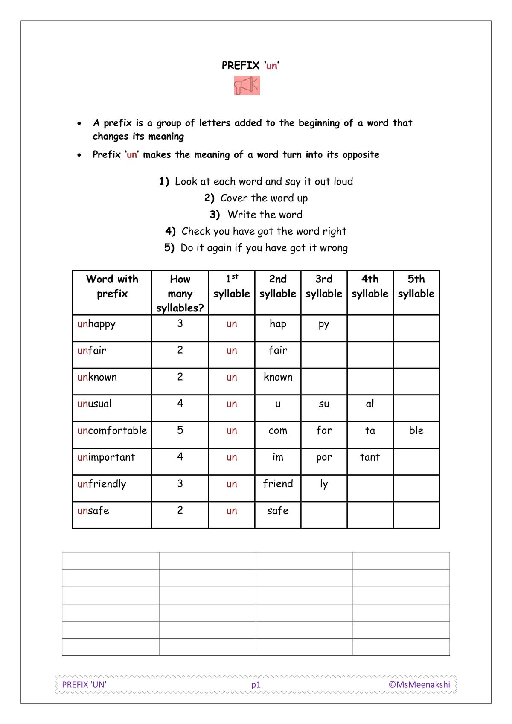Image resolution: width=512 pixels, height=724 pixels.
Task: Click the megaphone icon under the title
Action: pos(247,85)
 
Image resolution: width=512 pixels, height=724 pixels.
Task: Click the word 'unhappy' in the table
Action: pos(96,324)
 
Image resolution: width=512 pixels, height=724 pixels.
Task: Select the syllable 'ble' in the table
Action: pos(416,430)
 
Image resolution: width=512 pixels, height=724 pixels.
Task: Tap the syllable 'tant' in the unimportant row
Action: pos(369,457)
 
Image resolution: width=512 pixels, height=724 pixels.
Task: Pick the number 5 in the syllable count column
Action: pos(180,430)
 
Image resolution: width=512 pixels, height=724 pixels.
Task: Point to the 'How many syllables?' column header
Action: pos(180,294)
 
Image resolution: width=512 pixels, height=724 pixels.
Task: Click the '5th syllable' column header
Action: pos(416,286)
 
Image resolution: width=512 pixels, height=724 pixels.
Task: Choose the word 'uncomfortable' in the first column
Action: pos(112,430)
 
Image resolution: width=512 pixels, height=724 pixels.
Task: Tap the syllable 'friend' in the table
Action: pos(278,484)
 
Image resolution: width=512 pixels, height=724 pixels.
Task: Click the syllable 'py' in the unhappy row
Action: pos(324,325)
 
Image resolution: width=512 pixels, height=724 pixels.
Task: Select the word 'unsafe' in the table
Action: pos(93,511)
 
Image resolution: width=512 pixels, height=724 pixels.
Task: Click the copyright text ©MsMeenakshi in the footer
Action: pos(419,684)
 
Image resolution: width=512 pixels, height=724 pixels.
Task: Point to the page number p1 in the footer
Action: pos(256,685)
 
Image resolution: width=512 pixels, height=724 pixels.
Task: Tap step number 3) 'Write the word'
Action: pos(256,215)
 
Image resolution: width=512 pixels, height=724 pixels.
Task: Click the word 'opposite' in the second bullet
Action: pos(361,155)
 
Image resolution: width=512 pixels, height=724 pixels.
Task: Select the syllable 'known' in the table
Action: pos(278,377)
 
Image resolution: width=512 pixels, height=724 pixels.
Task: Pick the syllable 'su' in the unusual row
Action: pos(324,404)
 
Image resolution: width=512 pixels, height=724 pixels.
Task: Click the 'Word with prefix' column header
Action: pos(112,286)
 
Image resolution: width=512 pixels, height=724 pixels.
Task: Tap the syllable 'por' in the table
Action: pos(324,458)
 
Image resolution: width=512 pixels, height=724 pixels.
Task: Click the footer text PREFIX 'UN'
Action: pos(84,684)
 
